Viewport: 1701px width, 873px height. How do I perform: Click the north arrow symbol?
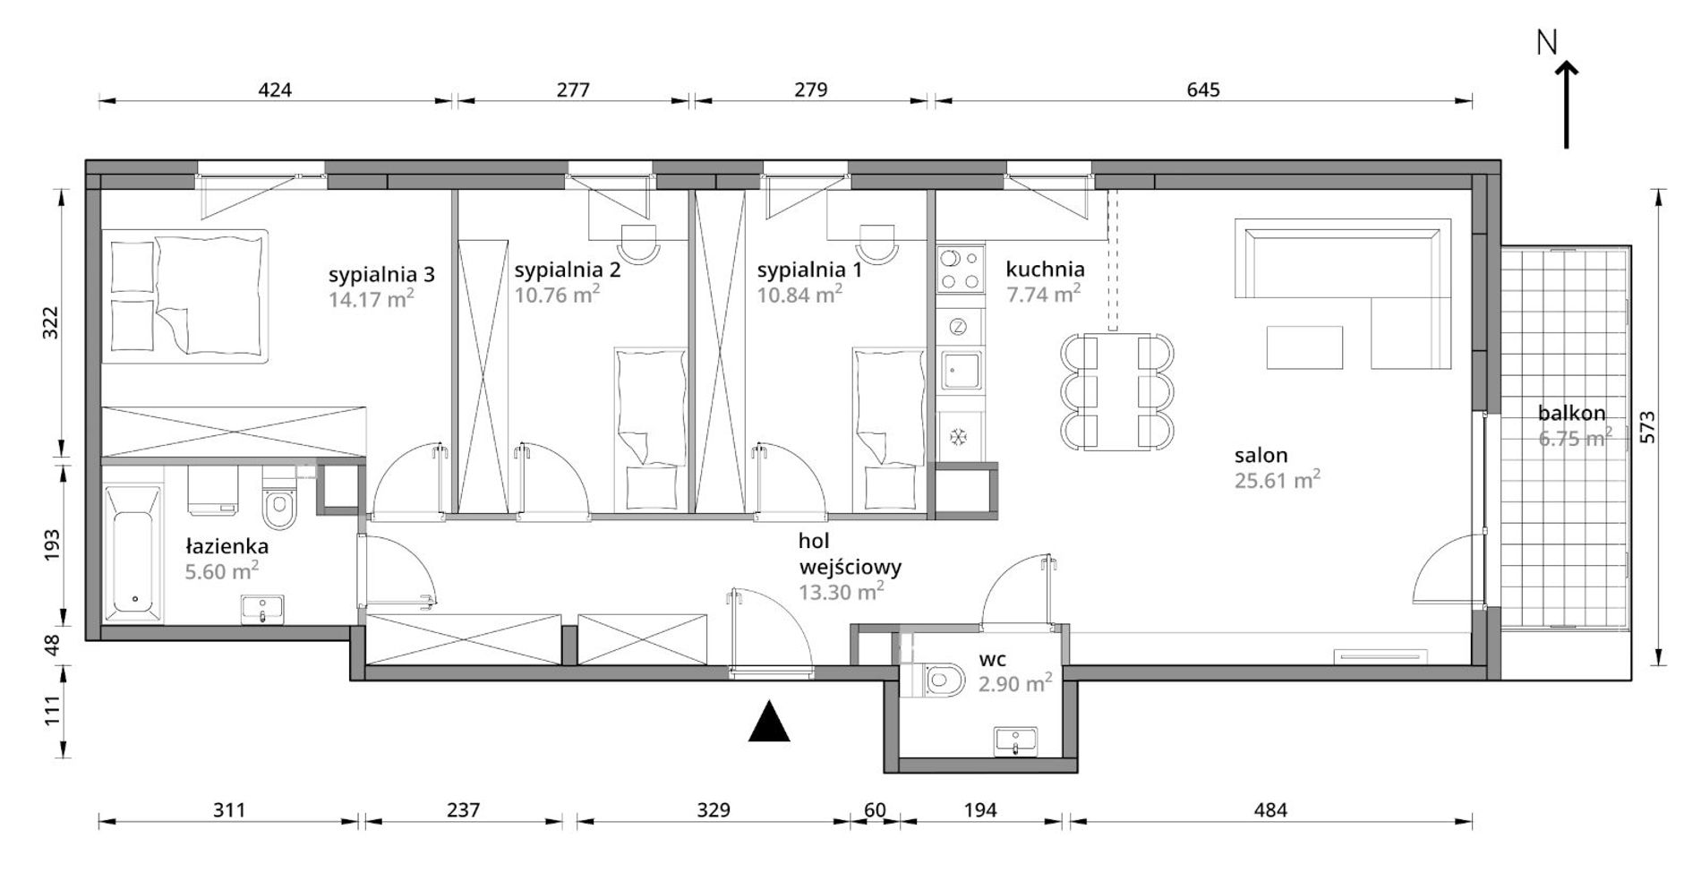[1566, 103]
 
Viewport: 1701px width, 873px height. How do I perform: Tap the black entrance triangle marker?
[769, 723]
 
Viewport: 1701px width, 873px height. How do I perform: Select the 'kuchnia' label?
[1045, 269]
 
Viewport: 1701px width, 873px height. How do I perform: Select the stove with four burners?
[959, 270]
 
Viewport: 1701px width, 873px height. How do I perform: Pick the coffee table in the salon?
[1305, 347]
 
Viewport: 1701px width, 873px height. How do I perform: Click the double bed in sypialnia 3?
[185, 295]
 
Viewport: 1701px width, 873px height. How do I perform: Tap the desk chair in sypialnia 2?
[639, 243]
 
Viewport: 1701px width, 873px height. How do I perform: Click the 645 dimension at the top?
[1203, 90]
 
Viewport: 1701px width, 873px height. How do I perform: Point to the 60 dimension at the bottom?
[875, 810]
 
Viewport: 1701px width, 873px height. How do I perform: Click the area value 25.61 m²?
[1278, 480]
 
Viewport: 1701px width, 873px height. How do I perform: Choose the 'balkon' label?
[1571, 414]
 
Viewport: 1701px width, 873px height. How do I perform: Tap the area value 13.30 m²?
[842, 590]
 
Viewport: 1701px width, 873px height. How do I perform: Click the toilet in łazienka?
[279, 506]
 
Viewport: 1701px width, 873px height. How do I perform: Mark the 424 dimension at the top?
[275, 90]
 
